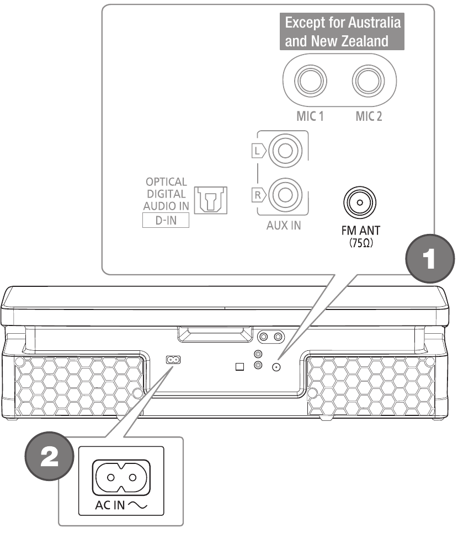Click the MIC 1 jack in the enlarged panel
coord(311,81)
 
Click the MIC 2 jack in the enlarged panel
coord(369,81)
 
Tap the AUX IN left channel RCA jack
coord(285,150)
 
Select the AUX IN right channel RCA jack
coord(285,195)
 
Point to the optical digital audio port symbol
coord(211,200)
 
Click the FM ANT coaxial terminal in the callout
coord(360,202)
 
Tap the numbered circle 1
coord(430,259)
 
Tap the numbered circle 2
coord(50,456)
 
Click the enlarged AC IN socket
coord(121,478)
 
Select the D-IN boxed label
coord(166,220)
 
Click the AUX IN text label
coord(284,226)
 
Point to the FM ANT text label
coord(360,231)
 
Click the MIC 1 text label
coord(310,116)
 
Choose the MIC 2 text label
coord(369,116)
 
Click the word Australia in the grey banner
coord(375,23)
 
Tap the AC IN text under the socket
coord(110,505)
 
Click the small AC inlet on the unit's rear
coord(173,360)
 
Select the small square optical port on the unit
coord(240,366)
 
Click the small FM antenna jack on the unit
coord(276,367)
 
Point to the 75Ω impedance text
coord(361,243)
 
